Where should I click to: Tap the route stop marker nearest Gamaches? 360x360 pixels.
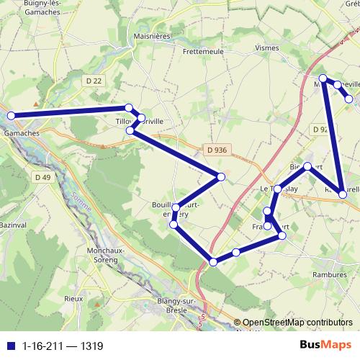11,115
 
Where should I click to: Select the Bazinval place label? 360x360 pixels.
12,225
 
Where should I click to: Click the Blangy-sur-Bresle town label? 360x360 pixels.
167,305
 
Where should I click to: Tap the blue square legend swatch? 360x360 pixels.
10,346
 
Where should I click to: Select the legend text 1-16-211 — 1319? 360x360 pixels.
63,346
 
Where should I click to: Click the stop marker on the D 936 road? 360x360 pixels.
221,177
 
